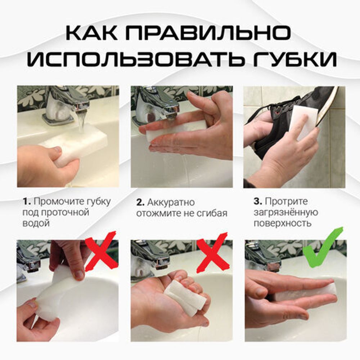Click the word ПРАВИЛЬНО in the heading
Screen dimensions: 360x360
pyautogui.click(x=214, y=33)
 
